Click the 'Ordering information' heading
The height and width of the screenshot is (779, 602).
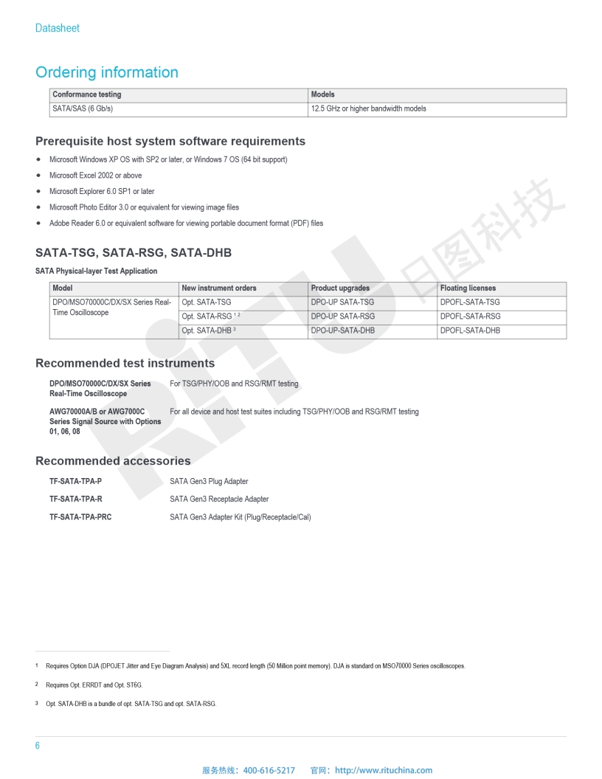click(x=107, y=72)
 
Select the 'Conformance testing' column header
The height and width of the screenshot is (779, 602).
click(x=87, y=94)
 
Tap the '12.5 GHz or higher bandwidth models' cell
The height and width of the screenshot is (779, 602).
click(x=369, y=108)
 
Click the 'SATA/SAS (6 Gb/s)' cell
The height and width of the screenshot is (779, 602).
click(x=83, y=108)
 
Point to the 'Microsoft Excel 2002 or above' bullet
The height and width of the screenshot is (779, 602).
click(x=95, y=176)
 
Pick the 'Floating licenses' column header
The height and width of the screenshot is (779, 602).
click(x=468, y=288)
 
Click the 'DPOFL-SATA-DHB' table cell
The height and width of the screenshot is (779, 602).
click(x=470, y=330)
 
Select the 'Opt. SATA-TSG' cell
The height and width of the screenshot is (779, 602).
click(x=207, y=302)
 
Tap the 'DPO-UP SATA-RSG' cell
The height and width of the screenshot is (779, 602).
click(x=342, y=316)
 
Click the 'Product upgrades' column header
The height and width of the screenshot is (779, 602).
click(x=340, y=288)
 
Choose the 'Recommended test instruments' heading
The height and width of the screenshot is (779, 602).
click(x=125, y=363)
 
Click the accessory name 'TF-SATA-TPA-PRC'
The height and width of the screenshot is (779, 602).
click(x=80, y=517)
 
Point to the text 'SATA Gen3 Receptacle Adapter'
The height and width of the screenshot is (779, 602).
click(x=219, y=499)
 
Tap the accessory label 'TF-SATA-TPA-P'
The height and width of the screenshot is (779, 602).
click(x=75, y=482)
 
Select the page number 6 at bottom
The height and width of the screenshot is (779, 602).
click(x=38, y=746)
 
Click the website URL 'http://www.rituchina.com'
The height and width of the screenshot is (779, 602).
click(x=384, y=770)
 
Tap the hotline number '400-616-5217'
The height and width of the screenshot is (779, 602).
click(x=269, y=770)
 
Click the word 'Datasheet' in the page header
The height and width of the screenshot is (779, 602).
click(x=58, y=28)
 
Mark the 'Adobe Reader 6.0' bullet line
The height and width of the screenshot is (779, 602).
click(x=186, y=223)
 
